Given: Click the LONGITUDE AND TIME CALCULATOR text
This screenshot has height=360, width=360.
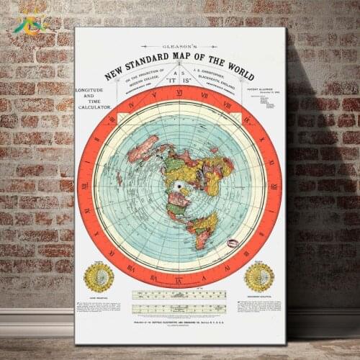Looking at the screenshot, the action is [94, 98].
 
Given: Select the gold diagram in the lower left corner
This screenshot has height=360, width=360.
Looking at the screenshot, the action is [99, 276].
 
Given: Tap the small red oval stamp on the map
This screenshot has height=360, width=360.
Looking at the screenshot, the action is [233, 243].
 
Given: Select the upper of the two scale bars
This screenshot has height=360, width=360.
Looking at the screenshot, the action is [179, 294].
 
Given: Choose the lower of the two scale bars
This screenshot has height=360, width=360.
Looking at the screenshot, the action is [179, 307].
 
